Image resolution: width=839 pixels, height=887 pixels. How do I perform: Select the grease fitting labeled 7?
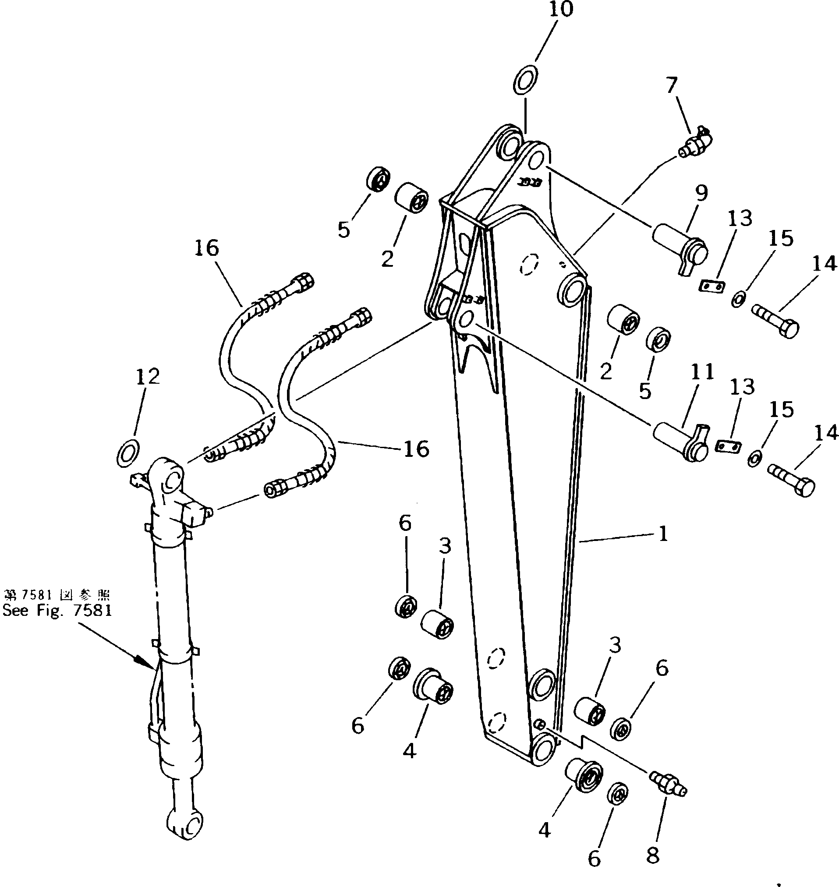(x=696, y=143)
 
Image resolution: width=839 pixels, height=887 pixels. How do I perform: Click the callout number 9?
(x=701, y=193)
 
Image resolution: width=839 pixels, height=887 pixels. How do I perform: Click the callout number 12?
(x=148, y=377)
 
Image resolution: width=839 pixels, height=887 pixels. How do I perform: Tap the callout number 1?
(x=663, y=534)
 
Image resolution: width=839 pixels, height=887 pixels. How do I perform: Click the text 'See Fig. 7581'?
(x=57, y=611)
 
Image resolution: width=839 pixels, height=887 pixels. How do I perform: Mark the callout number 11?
(x=702, y=372)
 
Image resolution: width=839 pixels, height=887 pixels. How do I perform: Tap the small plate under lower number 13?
(x=729, y=446)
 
